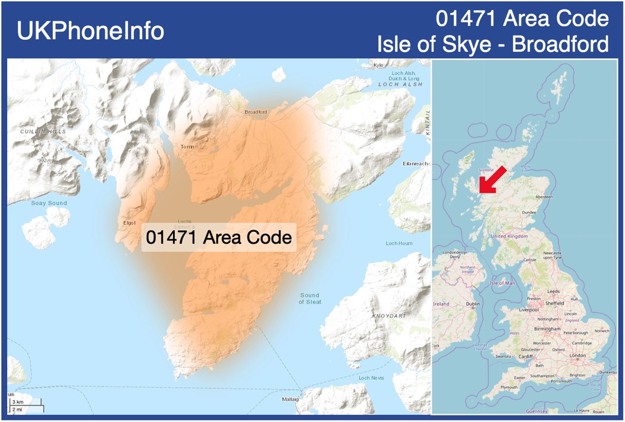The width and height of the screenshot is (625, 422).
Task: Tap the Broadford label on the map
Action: [x=256, y=112]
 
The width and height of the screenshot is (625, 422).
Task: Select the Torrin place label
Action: [x=187, y=146]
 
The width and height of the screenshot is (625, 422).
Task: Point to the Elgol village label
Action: [x=128, y=223]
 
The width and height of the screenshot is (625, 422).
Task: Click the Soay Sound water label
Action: [x=49, y=203]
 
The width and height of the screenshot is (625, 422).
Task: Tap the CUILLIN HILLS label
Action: [x=43, y=131]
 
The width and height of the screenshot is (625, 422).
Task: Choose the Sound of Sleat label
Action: [x=309, y=298]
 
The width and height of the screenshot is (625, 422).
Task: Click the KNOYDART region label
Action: [x=389, y=316]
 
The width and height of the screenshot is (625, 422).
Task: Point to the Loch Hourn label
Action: [x=399, y=243]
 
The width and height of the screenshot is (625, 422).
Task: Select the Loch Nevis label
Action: [x=371, y=378]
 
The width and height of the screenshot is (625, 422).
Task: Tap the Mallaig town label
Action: [x=290, y=399]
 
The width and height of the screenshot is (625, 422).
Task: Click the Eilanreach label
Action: [x=416, y=163]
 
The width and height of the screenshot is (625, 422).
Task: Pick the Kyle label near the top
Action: [x=378, y=65]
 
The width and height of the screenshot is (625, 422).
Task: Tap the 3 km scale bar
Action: [x=18, y=402]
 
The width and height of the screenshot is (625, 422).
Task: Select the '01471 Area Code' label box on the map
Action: [x=219, y=238]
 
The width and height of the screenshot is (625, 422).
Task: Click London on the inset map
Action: [x=577, y=355]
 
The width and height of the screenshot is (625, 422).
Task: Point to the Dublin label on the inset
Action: [x=473, y=304]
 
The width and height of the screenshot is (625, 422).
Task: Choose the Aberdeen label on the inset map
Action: [x=544, y=196]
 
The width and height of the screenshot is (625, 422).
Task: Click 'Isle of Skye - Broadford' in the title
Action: [x=493, y=44]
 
